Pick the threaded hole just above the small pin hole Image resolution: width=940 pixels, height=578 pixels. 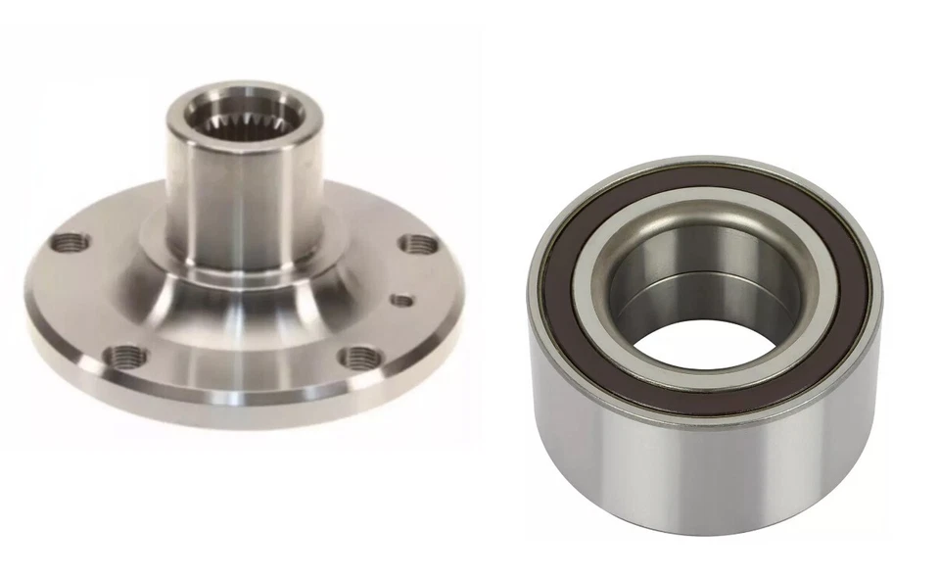pyautogui.click(x=416, y=244)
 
